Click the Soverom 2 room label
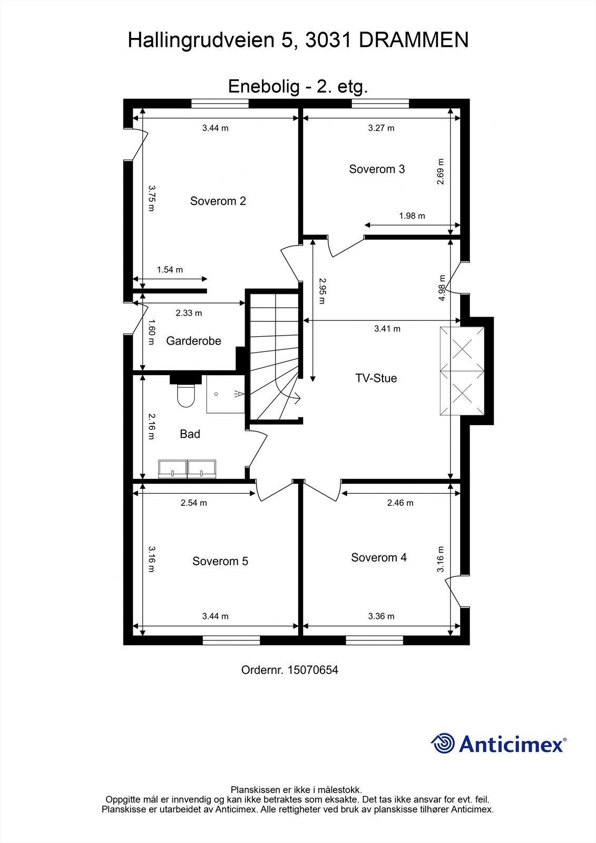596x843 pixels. (218, 201)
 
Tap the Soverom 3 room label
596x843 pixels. (377, 169)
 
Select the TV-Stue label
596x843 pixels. (376, 378)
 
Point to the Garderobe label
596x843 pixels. (193, 341)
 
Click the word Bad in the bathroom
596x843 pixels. (190, 434)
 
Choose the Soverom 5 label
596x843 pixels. (220, 561)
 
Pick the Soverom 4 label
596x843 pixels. (378, 557)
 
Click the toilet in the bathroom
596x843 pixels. (185, 395)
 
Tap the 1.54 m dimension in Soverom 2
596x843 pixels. (170, 270)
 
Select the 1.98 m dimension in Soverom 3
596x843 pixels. (412, 215)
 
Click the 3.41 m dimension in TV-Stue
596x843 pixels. (387, 329)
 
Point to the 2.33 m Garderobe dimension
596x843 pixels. (189, 313)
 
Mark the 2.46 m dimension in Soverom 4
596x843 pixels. (400, 503)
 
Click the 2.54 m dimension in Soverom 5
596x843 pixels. (193, 503)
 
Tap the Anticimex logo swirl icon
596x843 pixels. (443, 743)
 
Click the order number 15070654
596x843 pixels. (312, 670)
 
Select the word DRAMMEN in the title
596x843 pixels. (414, 40)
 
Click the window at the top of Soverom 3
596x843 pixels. (380, 103)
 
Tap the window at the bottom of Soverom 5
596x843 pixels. (231, 640)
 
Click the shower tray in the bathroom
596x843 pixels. (226, 394)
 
